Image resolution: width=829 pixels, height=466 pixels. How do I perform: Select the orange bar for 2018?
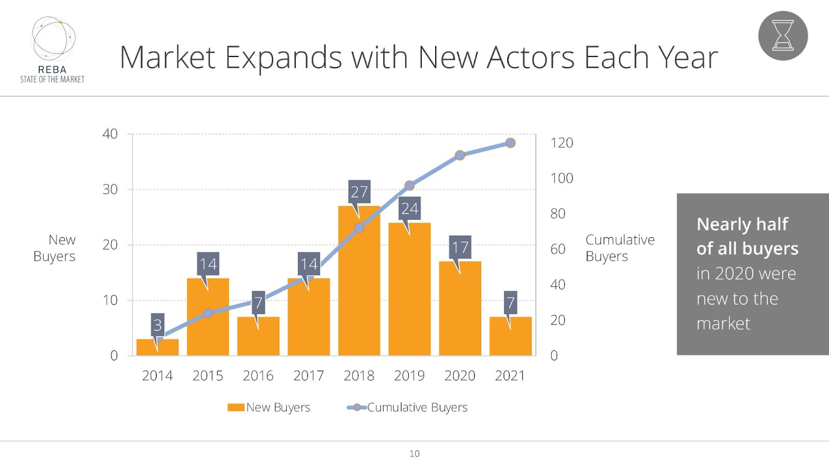tap(359, 290)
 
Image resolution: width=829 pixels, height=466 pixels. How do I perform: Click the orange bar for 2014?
tap(158, 347)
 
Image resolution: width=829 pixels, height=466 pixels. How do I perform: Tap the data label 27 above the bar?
tap(359, 192)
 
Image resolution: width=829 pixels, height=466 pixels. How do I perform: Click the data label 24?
tap(409, 208)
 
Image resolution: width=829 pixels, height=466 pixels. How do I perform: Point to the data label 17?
tap(460, 247)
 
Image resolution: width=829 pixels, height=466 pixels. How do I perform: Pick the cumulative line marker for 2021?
tap(510, 143)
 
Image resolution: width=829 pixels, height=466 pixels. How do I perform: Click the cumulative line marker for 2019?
tap(409, 185)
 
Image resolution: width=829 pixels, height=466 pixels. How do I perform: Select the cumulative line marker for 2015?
tap(208, 313)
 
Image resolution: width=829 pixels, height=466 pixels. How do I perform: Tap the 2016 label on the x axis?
tap(258, 375)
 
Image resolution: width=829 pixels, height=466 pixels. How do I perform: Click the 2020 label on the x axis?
tap(460, 375)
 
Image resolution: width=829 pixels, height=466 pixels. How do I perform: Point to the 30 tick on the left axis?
tap(110, 190)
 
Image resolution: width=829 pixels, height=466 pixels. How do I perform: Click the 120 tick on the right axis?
tap(562, 143)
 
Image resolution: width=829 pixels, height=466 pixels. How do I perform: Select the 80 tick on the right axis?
tap(558, 213)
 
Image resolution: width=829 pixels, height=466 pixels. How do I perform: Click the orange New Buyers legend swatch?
tap(236, 407)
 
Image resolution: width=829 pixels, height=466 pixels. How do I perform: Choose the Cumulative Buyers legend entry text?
tap(417, 407)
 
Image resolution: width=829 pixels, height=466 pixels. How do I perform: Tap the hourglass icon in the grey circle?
tap(783, 36)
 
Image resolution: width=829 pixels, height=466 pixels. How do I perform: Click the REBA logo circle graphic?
tap(53, 38)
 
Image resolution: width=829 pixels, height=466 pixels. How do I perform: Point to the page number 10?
tap(414, 454)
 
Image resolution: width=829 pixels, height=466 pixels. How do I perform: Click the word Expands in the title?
tap(283, 58)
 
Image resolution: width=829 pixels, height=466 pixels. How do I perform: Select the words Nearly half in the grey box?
tap(742, 224)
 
